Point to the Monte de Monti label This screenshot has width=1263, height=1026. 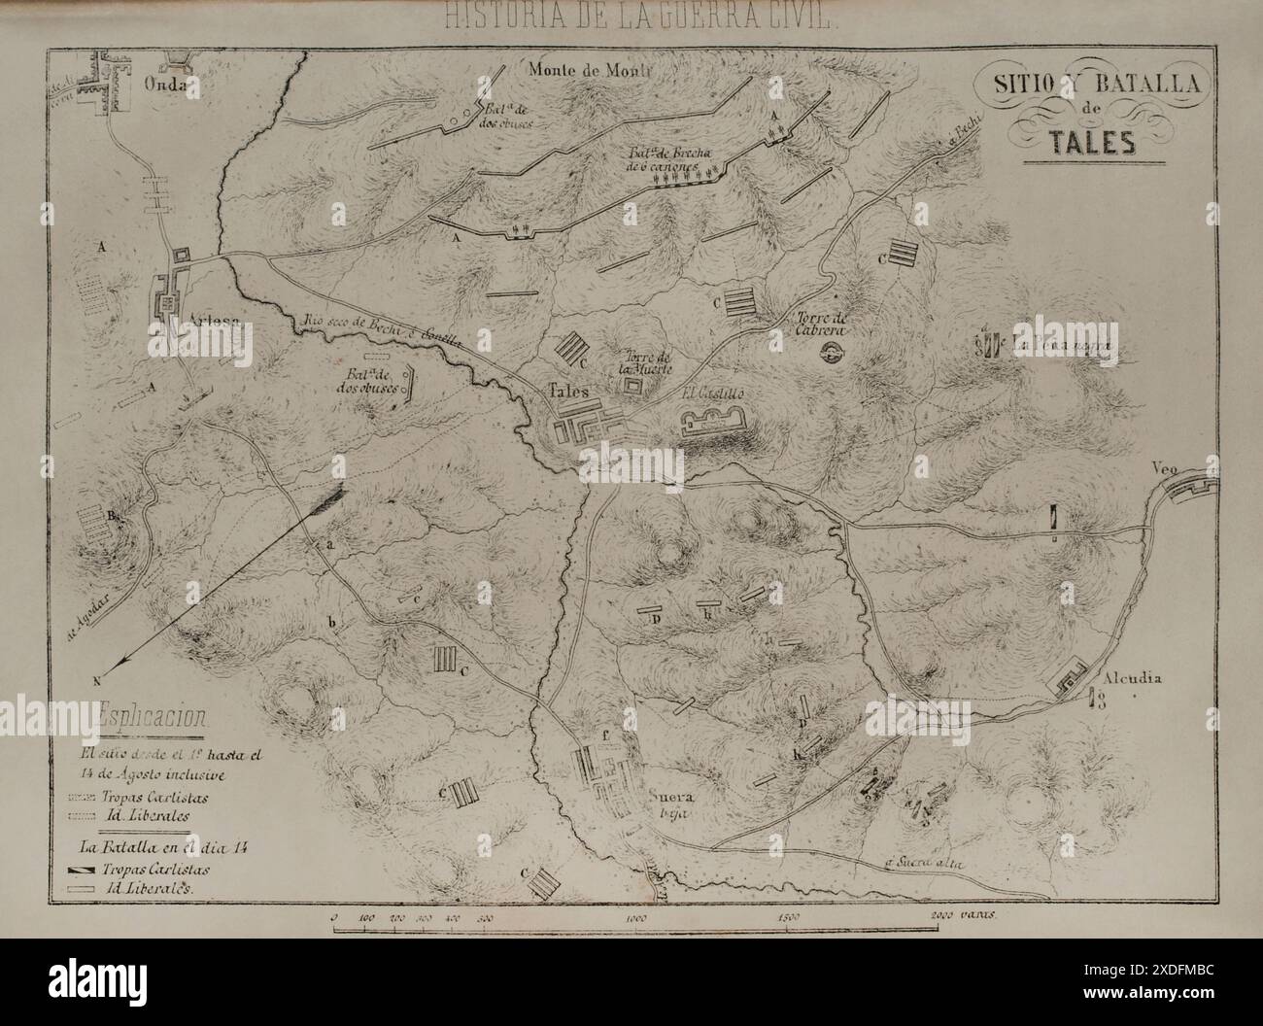(588, 69)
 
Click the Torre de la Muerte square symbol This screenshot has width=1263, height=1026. (634, 387)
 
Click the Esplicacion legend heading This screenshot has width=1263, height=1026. (151, 719)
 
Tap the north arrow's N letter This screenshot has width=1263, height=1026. (97, 679)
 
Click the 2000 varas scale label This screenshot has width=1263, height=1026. (960, 915)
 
